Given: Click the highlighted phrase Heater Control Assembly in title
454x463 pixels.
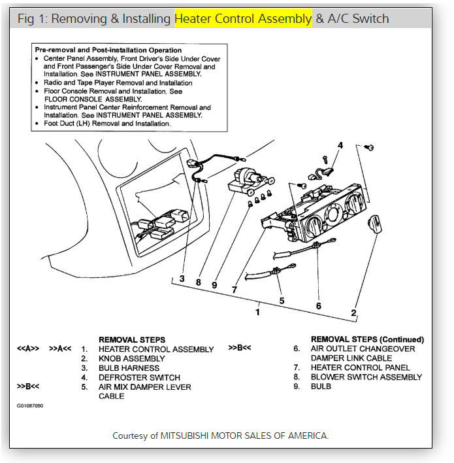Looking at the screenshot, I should pos(243,18).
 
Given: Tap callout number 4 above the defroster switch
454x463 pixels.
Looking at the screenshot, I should pos(340,145).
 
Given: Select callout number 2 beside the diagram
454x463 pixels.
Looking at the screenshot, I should pos(353,313).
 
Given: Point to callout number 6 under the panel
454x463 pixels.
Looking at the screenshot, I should pos(318,306).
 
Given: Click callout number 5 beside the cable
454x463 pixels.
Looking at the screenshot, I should pos(282,301).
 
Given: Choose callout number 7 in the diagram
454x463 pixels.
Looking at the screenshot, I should pos(233,289).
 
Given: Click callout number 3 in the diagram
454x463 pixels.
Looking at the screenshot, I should pos(182,279).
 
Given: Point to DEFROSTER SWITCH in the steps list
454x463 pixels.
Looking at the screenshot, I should pos(139,377).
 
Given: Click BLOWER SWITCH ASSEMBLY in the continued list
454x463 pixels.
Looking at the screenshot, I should pos(366,377).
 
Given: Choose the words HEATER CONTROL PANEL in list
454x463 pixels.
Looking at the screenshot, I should pos(361,368).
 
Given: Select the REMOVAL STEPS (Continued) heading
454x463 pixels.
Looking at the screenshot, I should pos(367,339).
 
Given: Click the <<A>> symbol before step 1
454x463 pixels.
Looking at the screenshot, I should pos(28,349).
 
